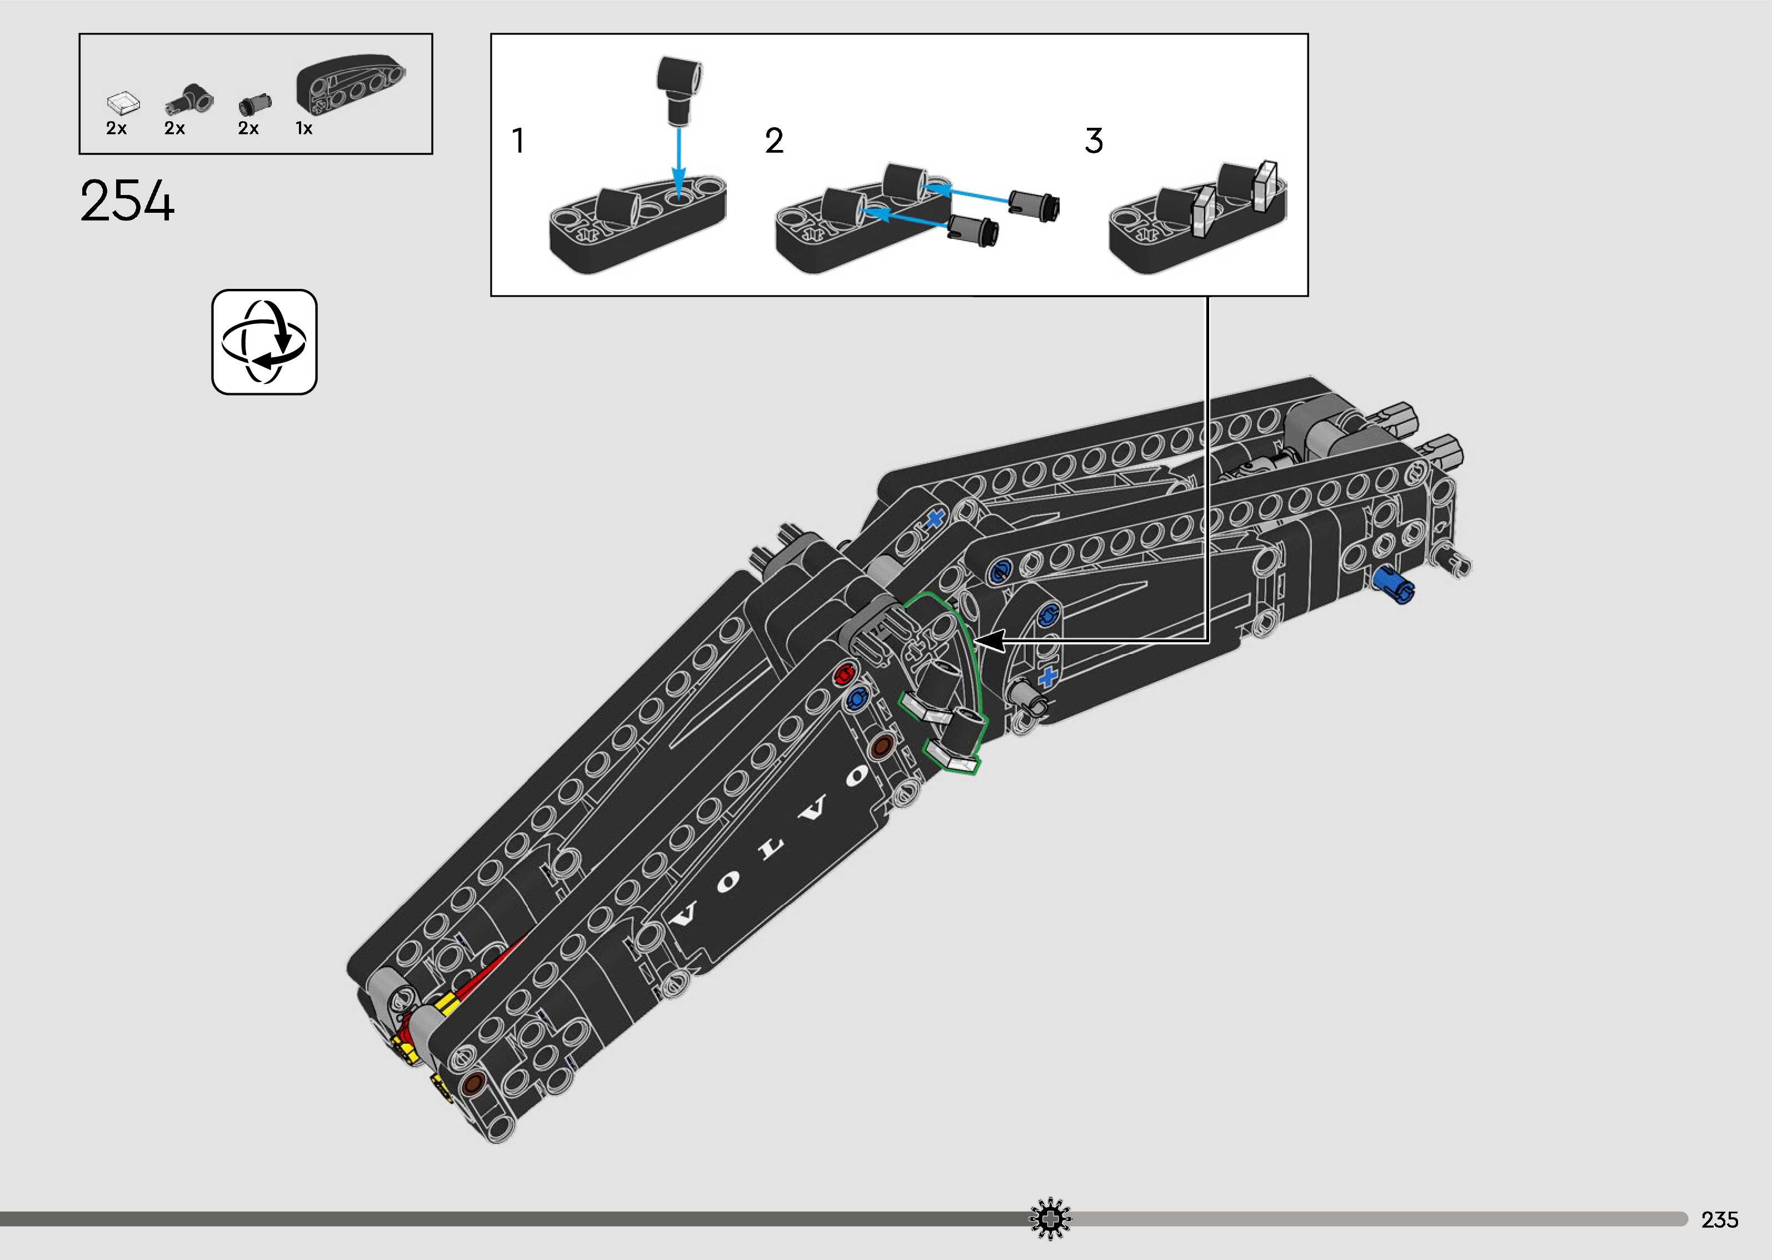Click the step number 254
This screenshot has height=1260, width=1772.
tap(127, 201)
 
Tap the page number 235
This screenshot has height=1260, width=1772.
tap(1719, 1219)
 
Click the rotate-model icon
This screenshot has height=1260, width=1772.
tap(264, 342)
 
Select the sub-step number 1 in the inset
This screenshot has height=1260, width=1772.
tap(517, 141)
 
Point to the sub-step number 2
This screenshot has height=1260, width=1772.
tap(774, 141)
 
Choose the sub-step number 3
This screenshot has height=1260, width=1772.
tap(1093, 141)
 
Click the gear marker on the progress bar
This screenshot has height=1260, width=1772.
tap(1050, 1218)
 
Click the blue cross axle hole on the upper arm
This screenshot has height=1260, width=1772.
tap(935, 519)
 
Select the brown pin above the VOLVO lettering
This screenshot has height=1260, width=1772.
tap(881, 746)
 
